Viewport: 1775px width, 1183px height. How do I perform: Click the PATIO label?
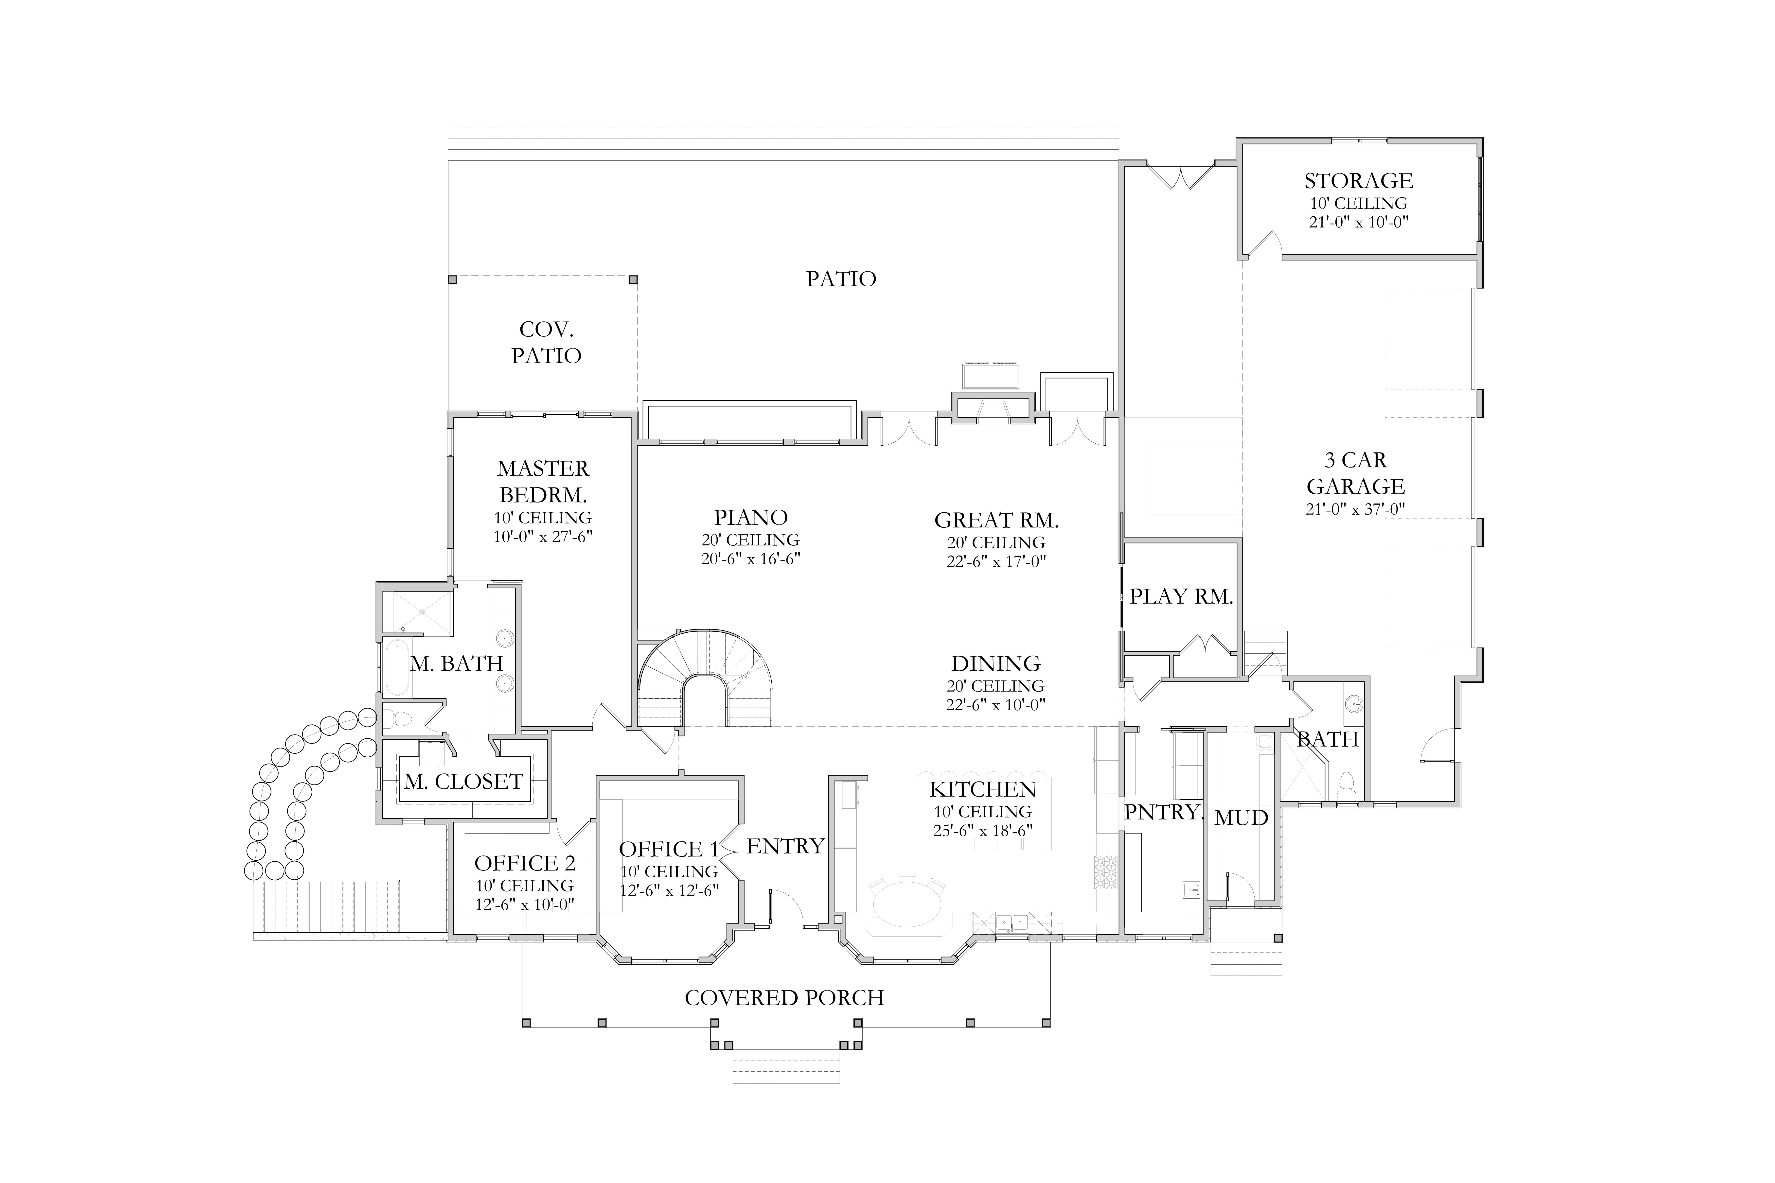(841, 279)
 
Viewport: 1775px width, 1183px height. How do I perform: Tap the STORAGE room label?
(1358, 181)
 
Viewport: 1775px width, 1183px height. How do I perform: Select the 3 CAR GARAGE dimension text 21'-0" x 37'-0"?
(1355, 509)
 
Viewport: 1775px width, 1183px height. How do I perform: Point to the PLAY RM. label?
(1181, 597)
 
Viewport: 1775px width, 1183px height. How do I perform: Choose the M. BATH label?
(457, 664)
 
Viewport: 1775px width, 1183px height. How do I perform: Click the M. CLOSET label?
(463, 782)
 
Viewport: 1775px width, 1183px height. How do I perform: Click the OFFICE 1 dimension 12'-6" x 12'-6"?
(669, 889)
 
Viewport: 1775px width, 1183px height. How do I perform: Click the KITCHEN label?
(983, 790)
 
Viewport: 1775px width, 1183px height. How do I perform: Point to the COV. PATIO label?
(546, 343)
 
